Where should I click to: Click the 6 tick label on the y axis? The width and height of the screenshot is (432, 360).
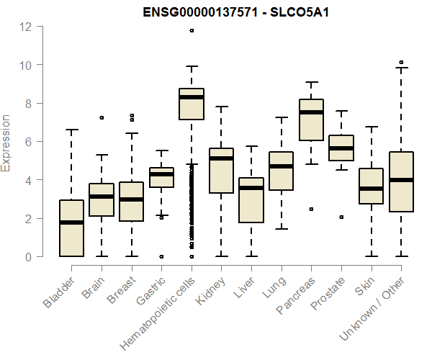(27, 142)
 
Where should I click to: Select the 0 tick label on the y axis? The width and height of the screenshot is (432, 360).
(27, 257)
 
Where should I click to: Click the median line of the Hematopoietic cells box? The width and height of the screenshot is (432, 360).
(192, 97)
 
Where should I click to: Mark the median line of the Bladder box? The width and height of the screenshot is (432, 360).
(71, 222)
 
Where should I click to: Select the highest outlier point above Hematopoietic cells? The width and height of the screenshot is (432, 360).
(192, 31)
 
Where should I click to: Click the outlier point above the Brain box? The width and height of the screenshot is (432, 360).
(102, 117)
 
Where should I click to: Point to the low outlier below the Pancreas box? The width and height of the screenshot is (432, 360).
(311, 209)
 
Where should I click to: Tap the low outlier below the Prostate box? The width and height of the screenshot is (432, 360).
(341, 217)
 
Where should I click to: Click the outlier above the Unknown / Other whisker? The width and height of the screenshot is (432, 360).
(401, 63)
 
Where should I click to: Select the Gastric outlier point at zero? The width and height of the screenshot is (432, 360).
(161, 256)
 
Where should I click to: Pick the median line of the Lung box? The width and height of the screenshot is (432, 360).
(281, 166)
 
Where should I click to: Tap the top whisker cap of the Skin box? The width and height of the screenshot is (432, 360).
(371, 127)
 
